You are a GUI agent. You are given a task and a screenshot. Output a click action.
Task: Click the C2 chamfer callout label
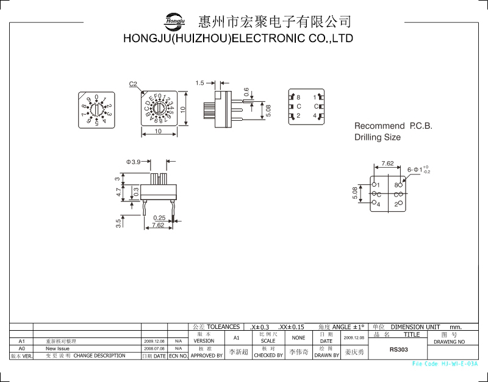click(x=134, y=84)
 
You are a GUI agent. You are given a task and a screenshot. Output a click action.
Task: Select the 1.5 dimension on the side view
click(x=200, y=83)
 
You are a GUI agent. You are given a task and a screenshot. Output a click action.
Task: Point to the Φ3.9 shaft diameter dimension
click(x=134, y=162)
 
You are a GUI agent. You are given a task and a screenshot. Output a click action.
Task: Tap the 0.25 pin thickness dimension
click(x=159, y=218)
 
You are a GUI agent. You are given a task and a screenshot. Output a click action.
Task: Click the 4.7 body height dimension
click(x=118, y=192)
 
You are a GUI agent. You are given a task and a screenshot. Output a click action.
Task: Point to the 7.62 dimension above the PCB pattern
click(x=387, y=164)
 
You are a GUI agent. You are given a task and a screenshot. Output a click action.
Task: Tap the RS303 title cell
click(x=398, y=350)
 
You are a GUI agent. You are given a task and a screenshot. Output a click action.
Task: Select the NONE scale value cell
click(x=298, y=337)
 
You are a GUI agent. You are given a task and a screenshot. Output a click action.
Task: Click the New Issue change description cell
click(x=58, y=348)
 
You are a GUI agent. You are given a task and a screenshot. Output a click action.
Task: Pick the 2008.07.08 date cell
click(x=154, y=348)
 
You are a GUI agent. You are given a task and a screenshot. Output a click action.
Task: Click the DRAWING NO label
click(x=449, y=342)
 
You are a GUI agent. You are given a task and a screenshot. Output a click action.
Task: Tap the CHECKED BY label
click(x=268, y=355)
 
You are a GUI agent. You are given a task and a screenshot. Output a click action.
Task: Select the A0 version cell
click(x=21, y=348)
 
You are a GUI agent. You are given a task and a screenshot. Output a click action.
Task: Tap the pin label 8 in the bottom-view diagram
click(x=298, y=98)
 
